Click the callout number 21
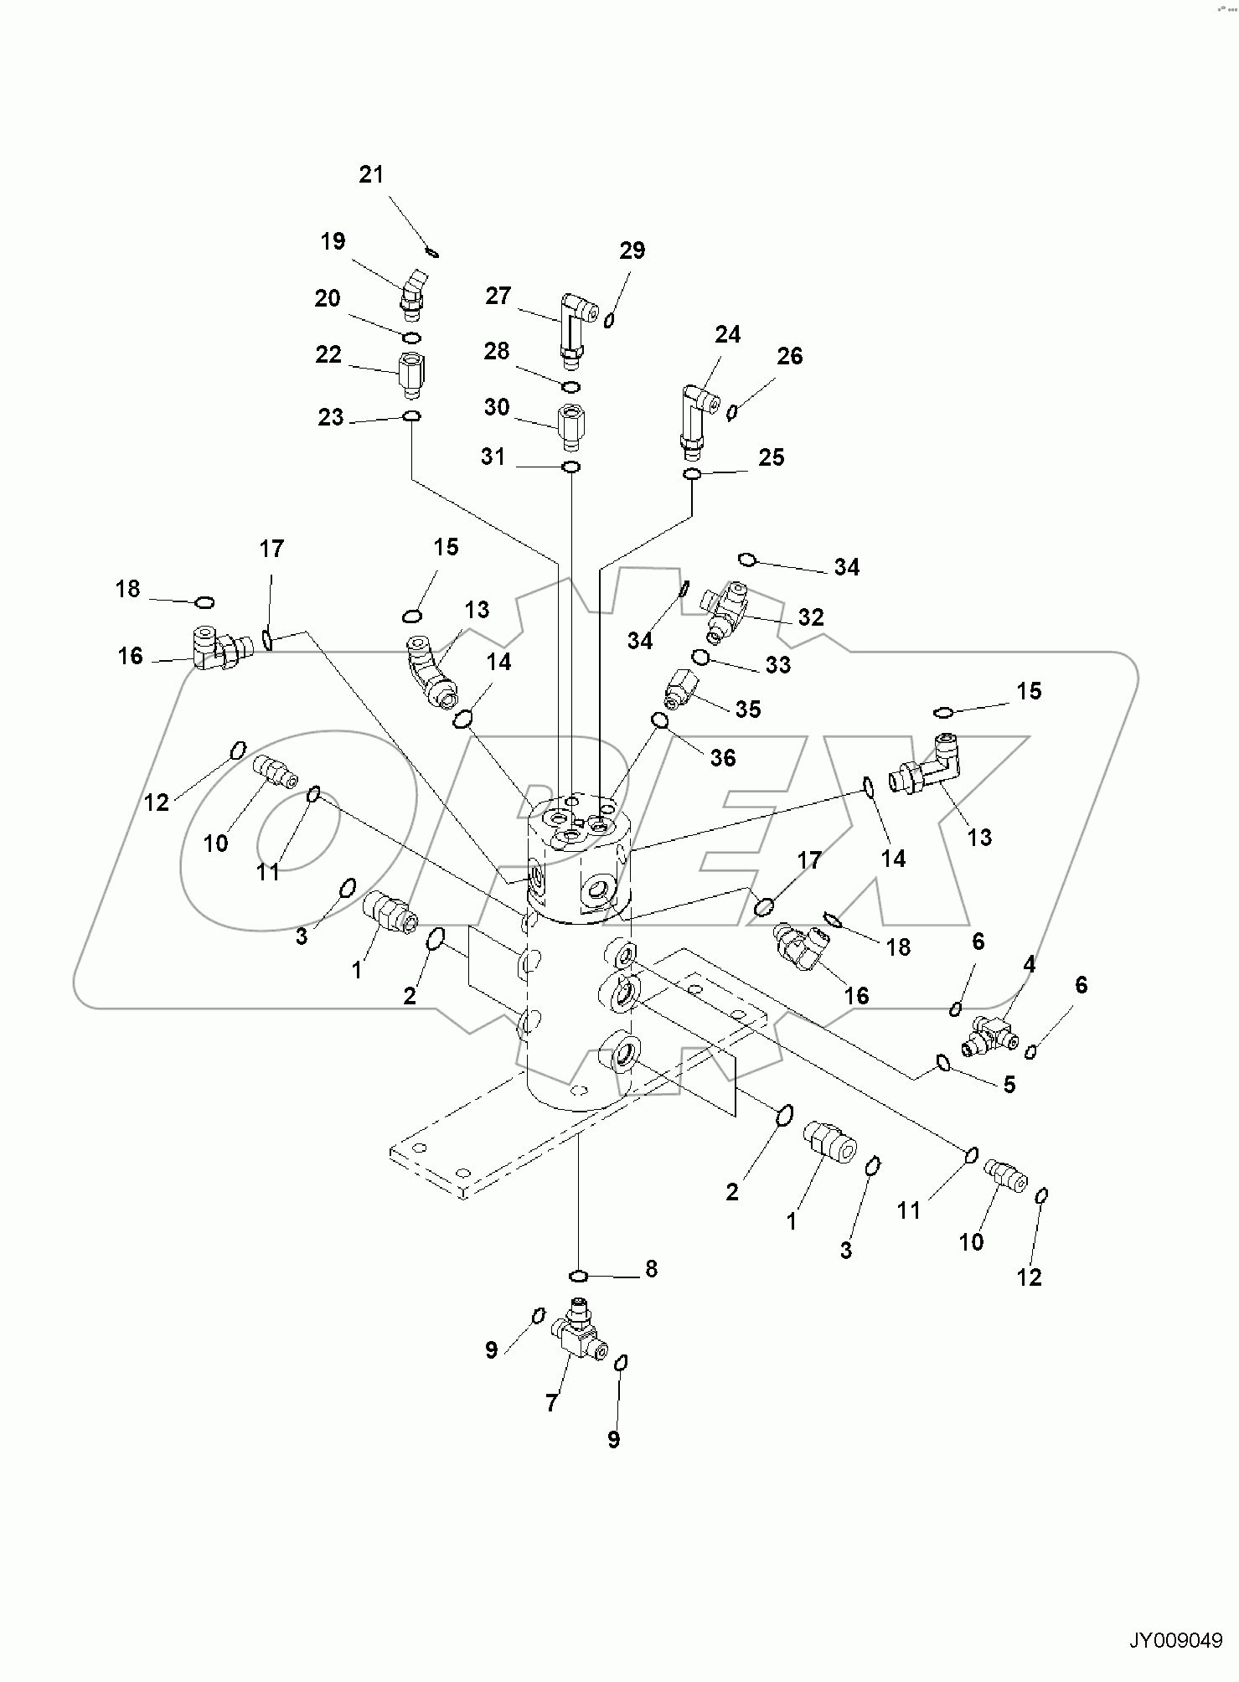tap(371, 174)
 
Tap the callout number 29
tap(632, 250)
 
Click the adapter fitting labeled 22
tap(410, 374)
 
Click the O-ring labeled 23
tap(411, 416)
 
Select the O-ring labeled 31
tap(570, 467)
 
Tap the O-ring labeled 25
tap(692, 475)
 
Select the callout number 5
tap(1009, 1085)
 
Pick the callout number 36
tap(722, 758)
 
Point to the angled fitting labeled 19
tap(412, 295)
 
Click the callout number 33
tap(778, 665)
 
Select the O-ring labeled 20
tap(410, 337)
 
